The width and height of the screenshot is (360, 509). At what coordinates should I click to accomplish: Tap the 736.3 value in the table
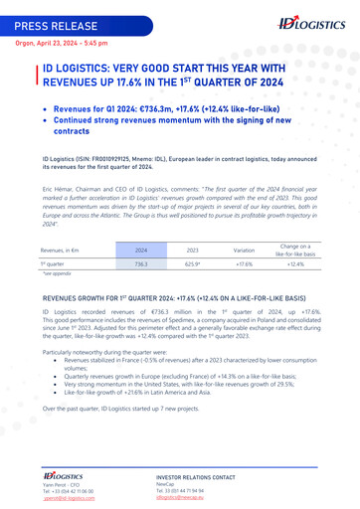coord(141,265)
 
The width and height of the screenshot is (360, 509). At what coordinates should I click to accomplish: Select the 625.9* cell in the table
coord(193,265)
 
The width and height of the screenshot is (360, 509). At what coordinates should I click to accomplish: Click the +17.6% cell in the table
coord(244,265)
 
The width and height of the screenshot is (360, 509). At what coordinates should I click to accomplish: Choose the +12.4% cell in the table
coord(295,265)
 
